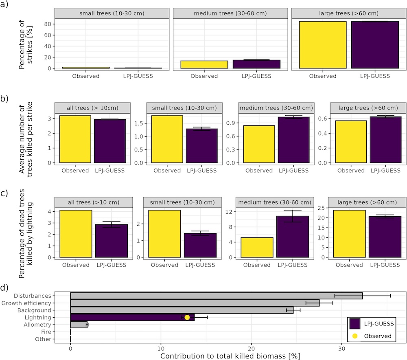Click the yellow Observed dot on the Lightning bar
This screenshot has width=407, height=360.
point(187,318)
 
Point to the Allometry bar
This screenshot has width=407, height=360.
point(79,325)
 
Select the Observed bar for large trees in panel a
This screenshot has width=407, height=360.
point(322,45)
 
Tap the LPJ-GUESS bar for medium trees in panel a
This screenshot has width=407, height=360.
point(251,64)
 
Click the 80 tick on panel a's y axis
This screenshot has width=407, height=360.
point(48,24)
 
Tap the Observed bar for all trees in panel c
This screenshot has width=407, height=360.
point(76,234)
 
